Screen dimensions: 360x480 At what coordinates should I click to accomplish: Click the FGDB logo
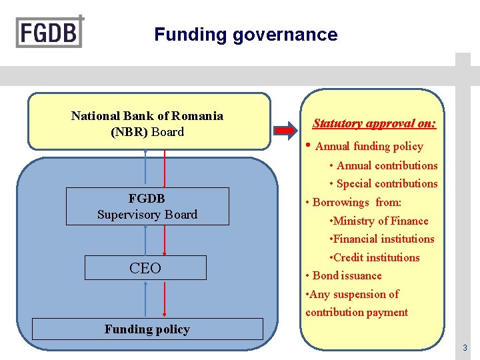click(50, 31)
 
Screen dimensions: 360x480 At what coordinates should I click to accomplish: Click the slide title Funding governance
click(245, 35)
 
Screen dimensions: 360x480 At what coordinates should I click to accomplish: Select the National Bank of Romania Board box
click(149, 121)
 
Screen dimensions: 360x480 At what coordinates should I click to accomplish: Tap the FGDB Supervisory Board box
click(147, 206)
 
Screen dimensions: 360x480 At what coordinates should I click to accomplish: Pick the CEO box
click(145, 268)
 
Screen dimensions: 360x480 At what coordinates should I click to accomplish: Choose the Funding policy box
click(147, 329)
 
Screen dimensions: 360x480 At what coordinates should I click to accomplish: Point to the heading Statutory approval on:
click(375, 123)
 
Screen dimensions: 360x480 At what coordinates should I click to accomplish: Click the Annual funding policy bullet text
click(369, 146)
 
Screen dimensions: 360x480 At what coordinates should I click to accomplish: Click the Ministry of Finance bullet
click(380, 221)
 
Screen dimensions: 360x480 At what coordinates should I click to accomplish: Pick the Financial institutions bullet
click(383, 239)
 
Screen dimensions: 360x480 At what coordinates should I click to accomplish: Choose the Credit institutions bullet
click(375, 257)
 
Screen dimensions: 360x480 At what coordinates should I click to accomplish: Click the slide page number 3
click(465, 347)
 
